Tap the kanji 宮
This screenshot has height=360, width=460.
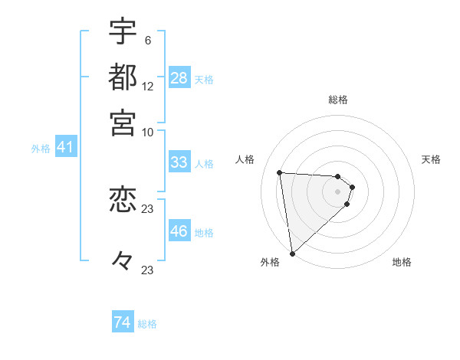pos(123,122)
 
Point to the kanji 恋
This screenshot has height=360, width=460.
pos(123,200)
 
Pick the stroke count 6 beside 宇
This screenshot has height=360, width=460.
pos(147,41)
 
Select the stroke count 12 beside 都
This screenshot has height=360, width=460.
pos(148,86)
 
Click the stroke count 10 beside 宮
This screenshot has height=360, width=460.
pos(148,132)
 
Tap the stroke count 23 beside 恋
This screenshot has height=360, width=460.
pos(148,209)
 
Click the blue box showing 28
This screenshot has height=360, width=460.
pos(179,78)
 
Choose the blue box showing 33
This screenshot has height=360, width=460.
pos(179,162)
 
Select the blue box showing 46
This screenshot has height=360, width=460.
pos(179,231)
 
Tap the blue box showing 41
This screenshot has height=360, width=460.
pos(65,148)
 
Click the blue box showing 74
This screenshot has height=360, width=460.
pos(123,322)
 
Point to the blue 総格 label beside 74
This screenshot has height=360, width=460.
pos(147,324)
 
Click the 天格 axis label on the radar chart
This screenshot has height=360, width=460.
pos(431,159)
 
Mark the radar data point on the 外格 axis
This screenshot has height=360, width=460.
pos(292,253)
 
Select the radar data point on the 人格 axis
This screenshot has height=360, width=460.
pos(280,172)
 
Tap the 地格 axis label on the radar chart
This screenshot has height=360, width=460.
pos(402,262)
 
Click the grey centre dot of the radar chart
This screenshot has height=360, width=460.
pos(337,191)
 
